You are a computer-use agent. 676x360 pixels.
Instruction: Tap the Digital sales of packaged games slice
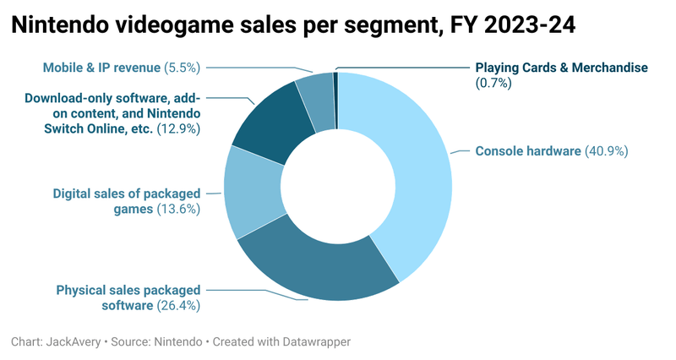252,193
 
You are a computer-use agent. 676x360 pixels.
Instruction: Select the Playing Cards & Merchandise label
561,67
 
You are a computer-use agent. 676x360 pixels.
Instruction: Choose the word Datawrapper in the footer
313,341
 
